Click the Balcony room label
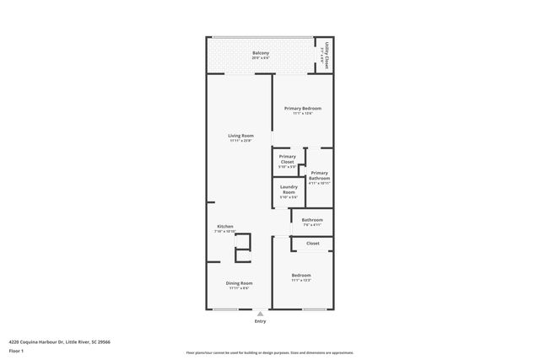tap(261, 54)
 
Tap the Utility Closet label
tap(323, 56)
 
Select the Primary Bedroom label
tap(302, 109)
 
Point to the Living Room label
tap(240, 136)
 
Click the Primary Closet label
tap(288, 159)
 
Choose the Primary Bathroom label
tap(319, 175)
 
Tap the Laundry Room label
tap(289, 190)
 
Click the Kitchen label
tap(224, 227)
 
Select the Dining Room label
tap(239, 283)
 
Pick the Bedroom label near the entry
tap(301, 276)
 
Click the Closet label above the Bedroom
tap(312, 244)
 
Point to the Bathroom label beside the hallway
tap(312, 220)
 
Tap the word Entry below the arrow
tap(259, 322)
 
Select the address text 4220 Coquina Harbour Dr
tap(60, 342)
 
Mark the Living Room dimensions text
tap(240, 141)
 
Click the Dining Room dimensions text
tap(239, 288)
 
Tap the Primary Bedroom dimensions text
tap(302, 114)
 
